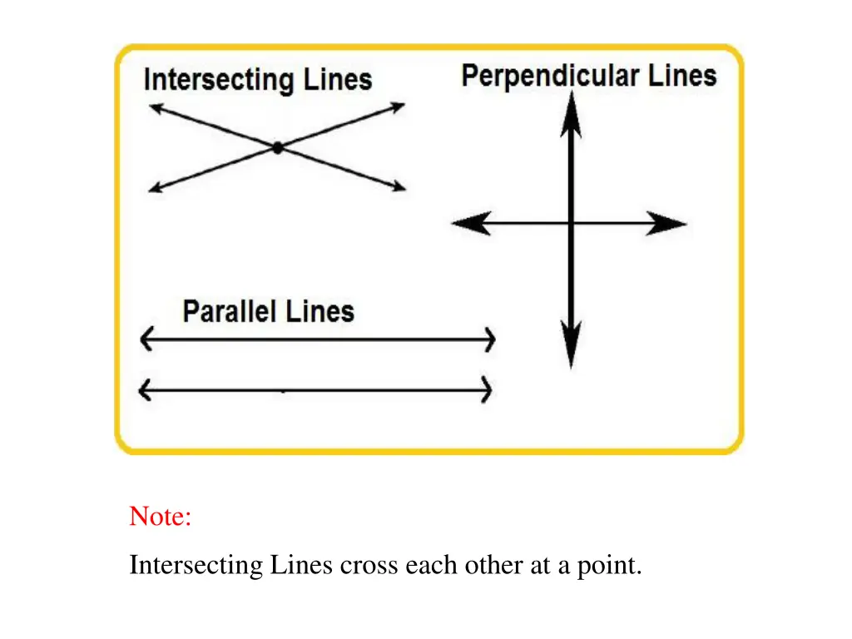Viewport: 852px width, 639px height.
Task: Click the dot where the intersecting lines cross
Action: click(x=277, y=147)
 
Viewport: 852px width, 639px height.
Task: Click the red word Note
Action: click(x=160, y=517)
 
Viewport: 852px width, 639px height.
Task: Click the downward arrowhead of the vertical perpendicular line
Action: click(x=571, y=344)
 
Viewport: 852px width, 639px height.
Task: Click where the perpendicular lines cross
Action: click(x=571, y=223)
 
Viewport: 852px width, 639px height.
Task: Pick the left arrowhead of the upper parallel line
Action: click(x=146, y=339)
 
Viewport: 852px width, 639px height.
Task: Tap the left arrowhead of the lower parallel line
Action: click(x=146, y=389)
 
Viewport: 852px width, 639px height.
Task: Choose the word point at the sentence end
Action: click(x=612, y=566)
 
